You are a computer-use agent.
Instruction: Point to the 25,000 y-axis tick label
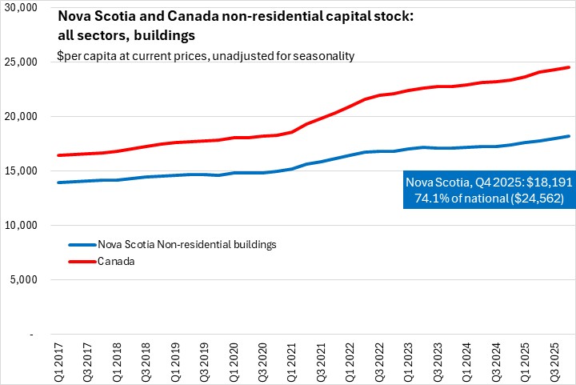(21, 62)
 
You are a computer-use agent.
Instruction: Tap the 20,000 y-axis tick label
(21, 116)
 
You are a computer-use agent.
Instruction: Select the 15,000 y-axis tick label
(21, 170)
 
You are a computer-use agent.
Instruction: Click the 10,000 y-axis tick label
(21, 225)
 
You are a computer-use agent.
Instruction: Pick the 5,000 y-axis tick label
(23, 279)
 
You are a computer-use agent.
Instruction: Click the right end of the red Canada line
(569, 67)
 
